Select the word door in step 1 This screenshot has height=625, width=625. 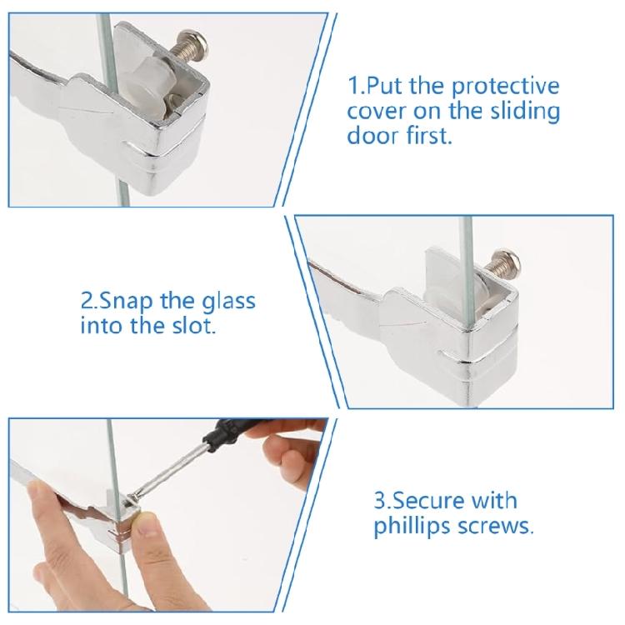[370, 136]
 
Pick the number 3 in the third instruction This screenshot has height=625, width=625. [379, 502]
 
